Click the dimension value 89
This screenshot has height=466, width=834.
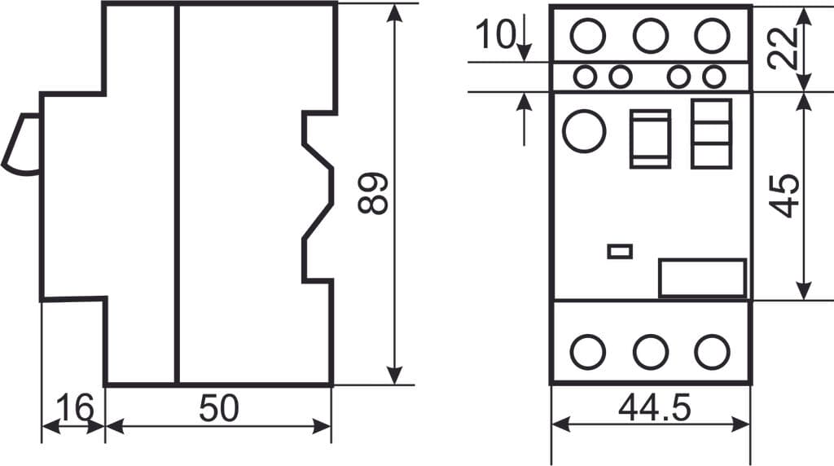point(373,193)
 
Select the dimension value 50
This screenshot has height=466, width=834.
point(219,408)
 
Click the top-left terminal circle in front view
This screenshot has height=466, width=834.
point(588,36)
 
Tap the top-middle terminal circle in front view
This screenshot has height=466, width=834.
point(651,36)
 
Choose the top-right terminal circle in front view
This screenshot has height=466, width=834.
point(712,36)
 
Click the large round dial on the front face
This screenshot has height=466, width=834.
point(584,131)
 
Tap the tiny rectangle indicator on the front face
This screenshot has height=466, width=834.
point(620,251)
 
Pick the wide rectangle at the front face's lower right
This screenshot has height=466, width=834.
point(702,278)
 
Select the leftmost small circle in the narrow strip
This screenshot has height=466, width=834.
point(584,77)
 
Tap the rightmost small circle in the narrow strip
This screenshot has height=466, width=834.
point(714,77)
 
